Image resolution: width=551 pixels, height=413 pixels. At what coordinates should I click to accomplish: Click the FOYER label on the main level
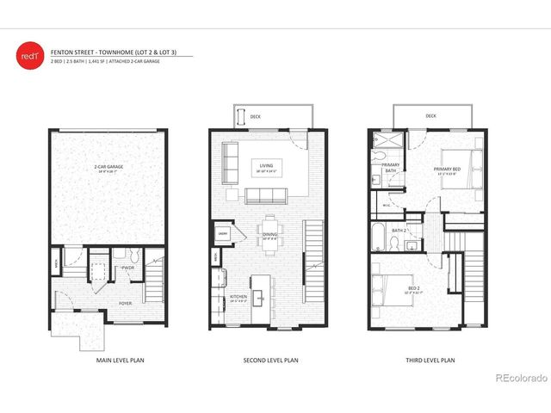coord(125,302)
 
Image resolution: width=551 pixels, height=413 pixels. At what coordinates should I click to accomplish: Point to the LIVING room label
coord(269,168)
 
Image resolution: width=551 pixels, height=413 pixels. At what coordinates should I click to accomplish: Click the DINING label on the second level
coord(270,232)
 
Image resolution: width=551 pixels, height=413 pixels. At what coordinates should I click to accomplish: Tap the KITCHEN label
coord(238,297)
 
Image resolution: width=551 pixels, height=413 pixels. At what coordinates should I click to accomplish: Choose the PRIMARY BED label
coord(448,169)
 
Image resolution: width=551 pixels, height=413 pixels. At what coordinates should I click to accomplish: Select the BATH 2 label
coord(399,231)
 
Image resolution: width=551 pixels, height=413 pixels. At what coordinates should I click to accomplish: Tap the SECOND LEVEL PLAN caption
coord(270,360)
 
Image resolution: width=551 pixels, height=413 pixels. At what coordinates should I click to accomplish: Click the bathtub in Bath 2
coord(380,237)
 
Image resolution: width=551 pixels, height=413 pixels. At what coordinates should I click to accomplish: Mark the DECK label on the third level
coord(430,115)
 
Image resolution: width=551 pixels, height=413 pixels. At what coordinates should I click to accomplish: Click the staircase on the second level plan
coord(314,250)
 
